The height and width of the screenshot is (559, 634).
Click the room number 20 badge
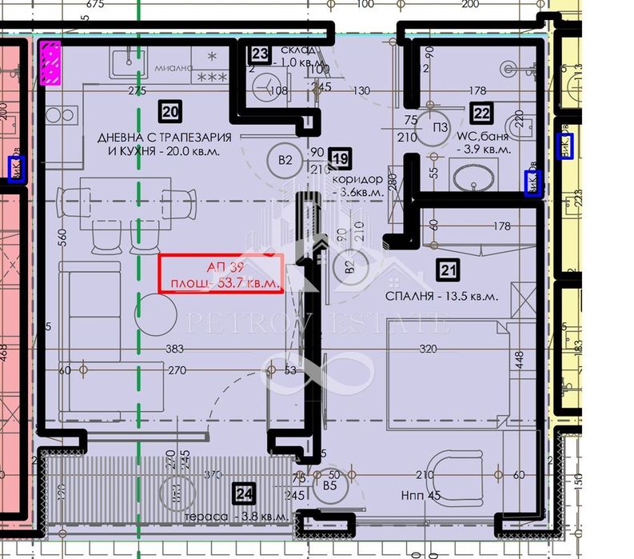(x=169, y=111)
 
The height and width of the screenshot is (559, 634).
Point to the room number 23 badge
(x=260, y=54)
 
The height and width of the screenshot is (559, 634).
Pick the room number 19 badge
(x=340, y=160)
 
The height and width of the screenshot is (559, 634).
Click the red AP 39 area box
(x=221, y=274)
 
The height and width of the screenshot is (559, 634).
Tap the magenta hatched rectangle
(x=50, y=62)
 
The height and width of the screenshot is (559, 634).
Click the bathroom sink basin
(x=475, y=177)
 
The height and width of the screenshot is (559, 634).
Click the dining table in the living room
(x=127, y=199)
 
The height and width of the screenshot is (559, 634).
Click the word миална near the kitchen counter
(x=174, y=68)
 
